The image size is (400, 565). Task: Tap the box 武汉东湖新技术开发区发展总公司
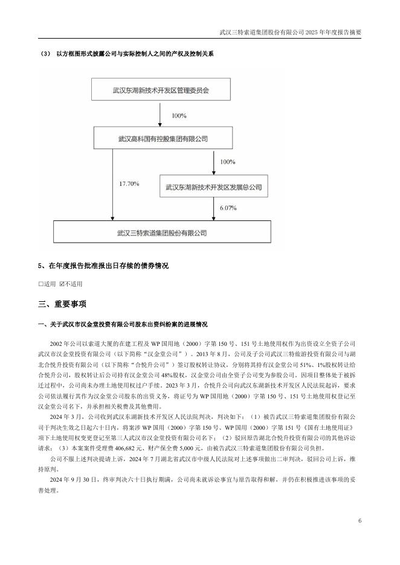[x=215, y=187]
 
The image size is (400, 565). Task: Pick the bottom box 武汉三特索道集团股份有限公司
[x=161, y=232]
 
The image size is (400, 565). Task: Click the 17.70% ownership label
[x=129, y=183]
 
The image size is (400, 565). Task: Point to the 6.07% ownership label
[x=228, y=207]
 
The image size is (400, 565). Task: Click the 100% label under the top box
[x=179, y=115]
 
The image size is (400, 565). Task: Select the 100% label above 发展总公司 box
[x=227, y=162]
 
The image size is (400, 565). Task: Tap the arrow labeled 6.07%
[x=214, y=209]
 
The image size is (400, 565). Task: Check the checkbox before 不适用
[x=62, y=284]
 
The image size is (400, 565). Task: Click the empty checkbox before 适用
[x=40, y=284]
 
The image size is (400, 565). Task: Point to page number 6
[x=360, y=520]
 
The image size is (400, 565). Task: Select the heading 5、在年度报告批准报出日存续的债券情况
[x=103, y=266]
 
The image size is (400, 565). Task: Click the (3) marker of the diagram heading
[x=45, y=54]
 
